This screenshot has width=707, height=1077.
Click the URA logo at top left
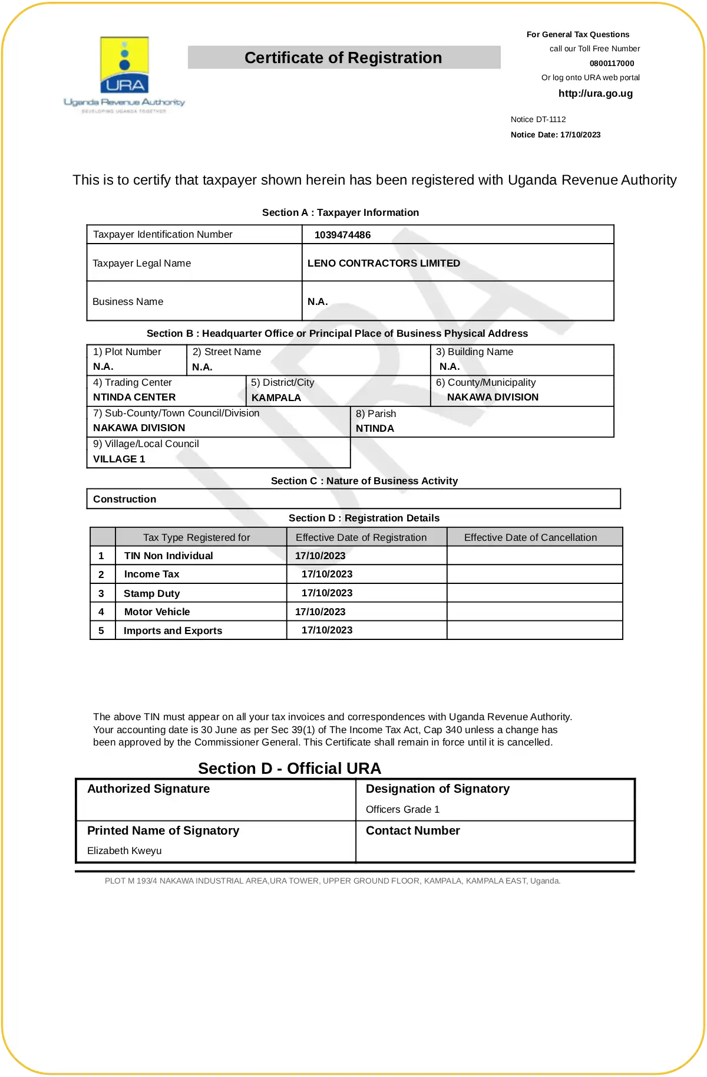point(124,73)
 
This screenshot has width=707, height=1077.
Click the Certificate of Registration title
point(343,58)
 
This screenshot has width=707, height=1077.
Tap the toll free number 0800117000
point(612,63)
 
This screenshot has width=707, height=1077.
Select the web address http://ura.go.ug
point(595,93)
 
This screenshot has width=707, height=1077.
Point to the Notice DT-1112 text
point(538,119)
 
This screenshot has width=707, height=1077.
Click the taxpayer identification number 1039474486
point(342,235)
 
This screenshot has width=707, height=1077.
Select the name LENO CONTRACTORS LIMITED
point(384,263)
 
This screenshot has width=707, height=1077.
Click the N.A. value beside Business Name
point(318,301)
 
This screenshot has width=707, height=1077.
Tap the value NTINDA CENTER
point(134,397)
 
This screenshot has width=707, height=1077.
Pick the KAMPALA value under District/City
point(276,398)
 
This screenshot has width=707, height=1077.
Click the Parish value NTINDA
point(375,428)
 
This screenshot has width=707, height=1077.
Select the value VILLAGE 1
point(119,459)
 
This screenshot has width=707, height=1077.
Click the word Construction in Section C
point(124,499)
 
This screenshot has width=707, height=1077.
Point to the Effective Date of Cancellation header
point(530,537)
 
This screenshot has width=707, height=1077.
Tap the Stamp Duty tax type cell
point(151,593)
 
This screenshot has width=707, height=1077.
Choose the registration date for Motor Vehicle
point(320,612)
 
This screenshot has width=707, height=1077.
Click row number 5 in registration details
point(101,631)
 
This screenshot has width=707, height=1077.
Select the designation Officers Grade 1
point(402,809)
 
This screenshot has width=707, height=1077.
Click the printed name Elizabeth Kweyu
point(124,851)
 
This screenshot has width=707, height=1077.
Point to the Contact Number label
point(412,830)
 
